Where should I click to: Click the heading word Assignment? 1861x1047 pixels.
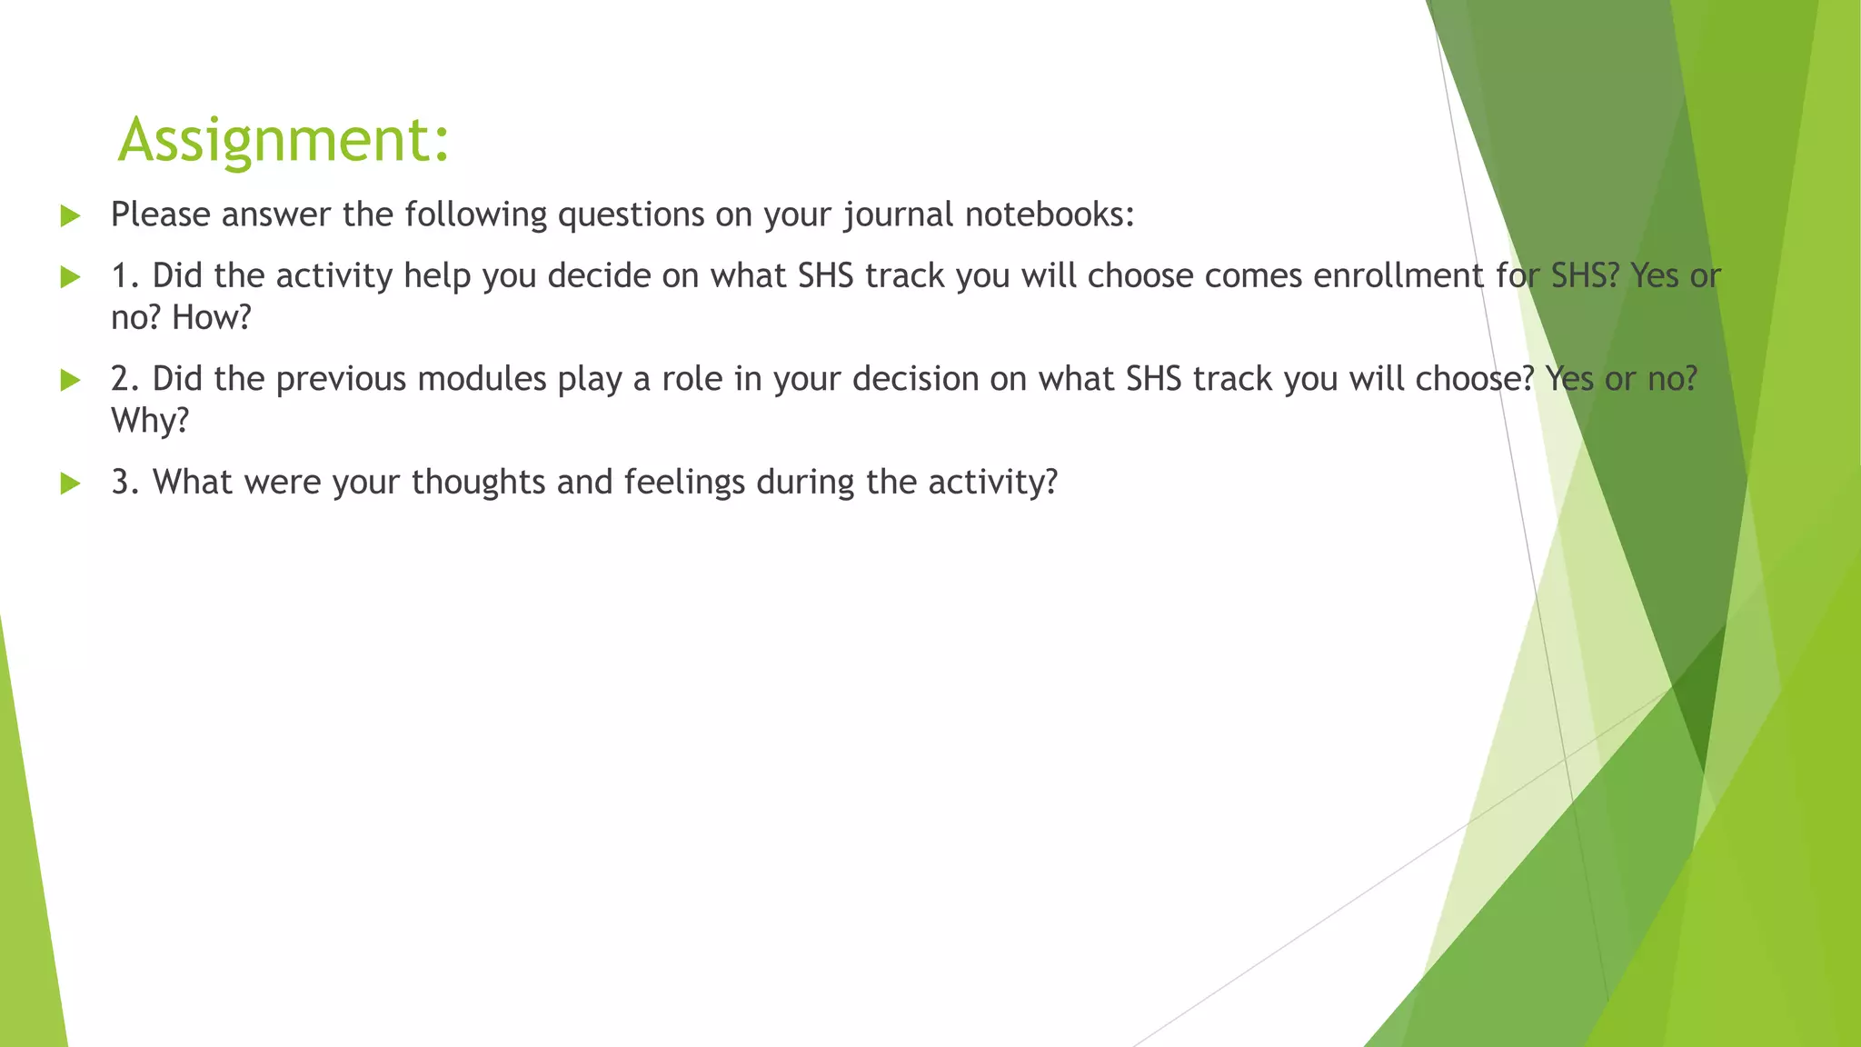point(283,140)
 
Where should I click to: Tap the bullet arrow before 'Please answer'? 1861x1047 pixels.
point(70,216)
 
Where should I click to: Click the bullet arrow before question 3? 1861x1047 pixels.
point(70,484)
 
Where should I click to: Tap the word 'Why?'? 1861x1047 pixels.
point(149,421)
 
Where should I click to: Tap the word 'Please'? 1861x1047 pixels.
point(161,215)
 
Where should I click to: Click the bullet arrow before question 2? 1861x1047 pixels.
point(70,381)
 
